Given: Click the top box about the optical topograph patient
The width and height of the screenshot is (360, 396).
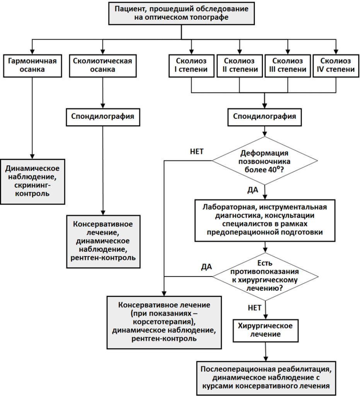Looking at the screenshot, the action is pyautogui.click(x=181, y=13).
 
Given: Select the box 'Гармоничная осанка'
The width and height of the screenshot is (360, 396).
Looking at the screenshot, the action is pyautogui.click(x=32, y=66).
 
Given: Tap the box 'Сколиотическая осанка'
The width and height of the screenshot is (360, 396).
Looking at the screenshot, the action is pyautogui.click(x=102, y=66).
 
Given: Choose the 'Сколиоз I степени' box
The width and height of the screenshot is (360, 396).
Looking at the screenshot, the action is pyautogui.click(x=191, y=66).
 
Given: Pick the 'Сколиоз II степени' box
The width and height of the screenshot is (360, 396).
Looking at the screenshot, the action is pyautogui.click(x=240, y=66).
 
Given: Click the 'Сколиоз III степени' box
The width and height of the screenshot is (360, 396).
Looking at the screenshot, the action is pyautogui.click(x=288, y=66).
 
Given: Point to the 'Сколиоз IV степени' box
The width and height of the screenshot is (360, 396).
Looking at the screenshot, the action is pyautogui.click(x=336, y=66).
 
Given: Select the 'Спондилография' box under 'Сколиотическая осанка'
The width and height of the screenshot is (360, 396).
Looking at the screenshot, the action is pyautogui.click(x=103, y=117).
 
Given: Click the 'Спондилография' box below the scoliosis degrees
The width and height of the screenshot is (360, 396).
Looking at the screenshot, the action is pyautogui.click(x=264, y=117).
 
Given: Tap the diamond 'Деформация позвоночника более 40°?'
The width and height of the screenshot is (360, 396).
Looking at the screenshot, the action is pyautogui.click(x=264, y=161).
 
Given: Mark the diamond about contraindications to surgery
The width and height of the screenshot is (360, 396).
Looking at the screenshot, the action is pyautogui.click(x=264, y=277).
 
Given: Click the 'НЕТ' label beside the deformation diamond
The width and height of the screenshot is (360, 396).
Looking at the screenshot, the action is pyautogui.click(x=197, y=152).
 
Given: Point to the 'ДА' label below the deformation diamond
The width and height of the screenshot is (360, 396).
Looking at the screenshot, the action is pyautogui.click(x=253, y=190).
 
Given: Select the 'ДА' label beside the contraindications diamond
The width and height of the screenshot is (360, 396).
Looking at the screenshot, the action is pyautogui.click(x=206, y=267).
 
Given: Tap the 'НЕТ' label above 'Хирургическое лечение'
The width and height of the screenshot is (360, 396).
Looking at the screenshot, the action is pyautogui.click(x=254, y=307).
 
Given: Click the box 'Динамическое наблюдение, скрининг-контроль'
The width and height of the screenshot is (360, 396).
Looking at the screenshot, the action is pyautogui.click(x=32, y=182).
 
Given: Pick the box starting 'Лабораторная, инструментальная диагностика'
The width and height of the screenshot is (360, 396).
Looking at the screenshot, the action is pyautogui.click(x=265, y=220).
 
